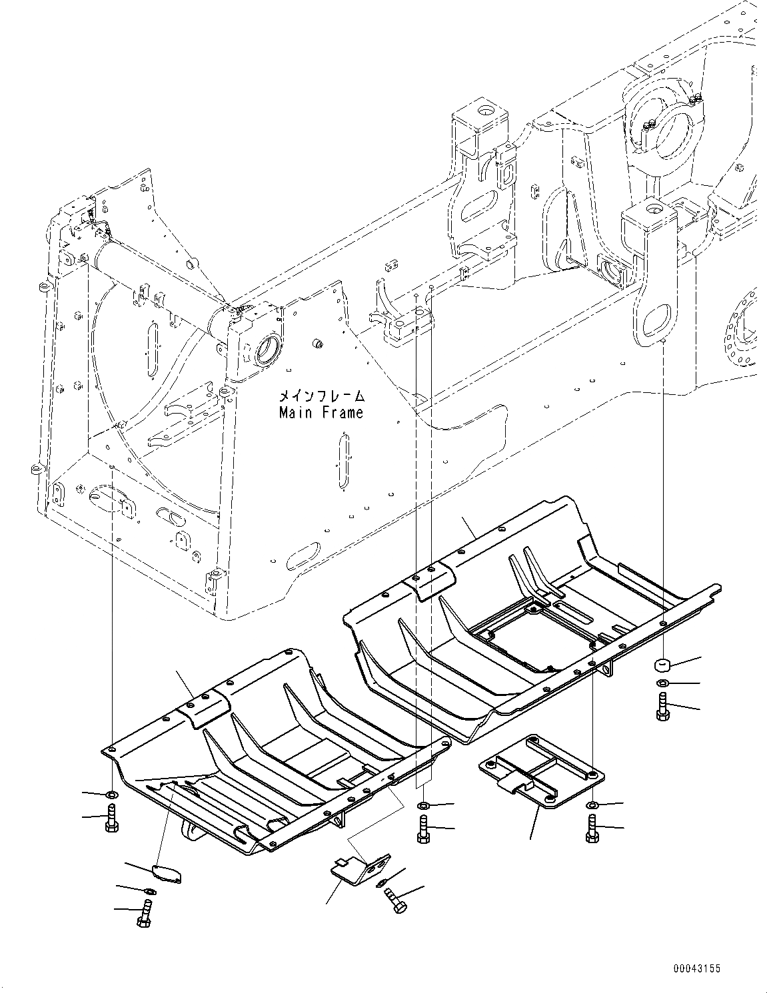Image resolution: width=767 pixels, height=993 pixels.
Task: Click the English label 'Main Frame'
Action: click(321, 413)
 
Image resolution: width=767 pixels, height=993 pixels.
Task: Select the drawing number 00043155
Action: click(696, 969)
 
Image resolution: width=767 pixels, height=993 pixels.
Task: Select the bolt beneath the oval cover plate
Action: click(146, 911)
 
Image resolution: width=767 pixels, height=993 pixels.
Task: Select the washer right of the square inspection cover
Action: click(592, 807)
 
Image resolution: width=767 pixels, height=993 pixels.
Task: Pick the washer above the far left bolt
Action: click(111, 795)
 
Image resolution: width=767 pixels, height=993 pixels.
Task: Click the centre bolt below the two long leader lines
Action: click(423, 828)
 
